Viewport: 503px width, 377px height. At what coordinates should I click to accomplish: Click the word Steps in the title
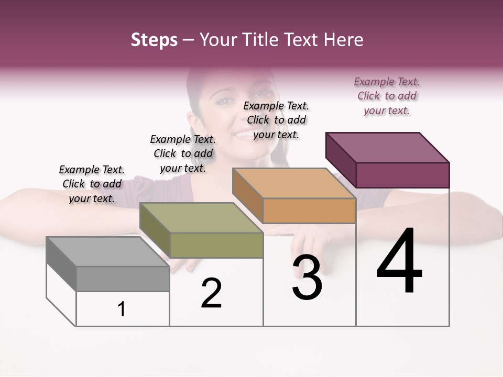coord(154,40)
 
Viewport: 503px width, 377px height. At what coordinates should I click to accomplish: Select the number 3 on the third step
coord(307,279)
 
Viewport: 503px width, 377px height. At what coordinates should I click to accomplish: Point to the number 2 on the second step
coord(211,293)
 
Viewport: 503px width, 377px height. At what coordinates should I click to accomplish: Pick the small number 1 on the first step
coord(122,309)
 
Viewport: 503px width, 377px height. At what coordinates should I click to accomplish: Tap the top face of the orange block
coord(294,183)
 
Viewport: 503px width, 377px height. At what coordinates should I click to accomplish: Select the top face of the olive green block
coord(201,218)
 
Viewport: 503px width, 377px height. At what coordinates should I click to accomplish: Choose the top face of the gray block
coord(108,251)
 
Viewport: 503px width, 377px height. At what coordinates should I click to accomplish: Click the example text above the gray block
coord(92,184)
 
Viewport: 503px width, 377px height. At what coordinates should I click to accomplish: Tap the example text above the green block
coord(183,153)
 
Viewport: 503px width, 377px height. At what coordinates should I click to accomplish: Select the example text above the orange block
coord(276,120)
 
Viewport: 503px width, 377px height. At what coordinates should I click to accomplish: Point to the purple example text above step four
coord(387,96)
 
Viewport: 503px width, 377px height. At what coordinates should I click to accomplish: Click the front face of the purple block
coord(402,175)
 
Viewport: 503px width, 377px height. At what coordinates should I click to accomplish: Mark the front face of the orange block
coord(309,211)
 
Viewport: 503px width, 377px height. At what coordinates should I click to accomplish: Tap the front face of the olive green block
coord(216,245)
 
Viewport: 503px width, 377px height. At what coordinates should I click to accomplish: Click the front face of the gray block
coord(123,279)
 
